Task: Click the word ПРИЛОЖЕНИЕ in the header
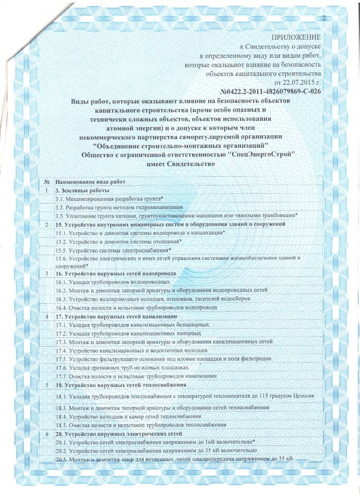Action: [x=296, y=38]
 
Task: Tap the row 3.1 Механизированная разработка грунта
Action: [x=109, y=199]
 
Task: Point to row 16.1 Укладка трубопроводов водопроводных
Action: [x=113, y=282]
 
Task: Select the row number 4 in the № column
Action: [x=48, y=316]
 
